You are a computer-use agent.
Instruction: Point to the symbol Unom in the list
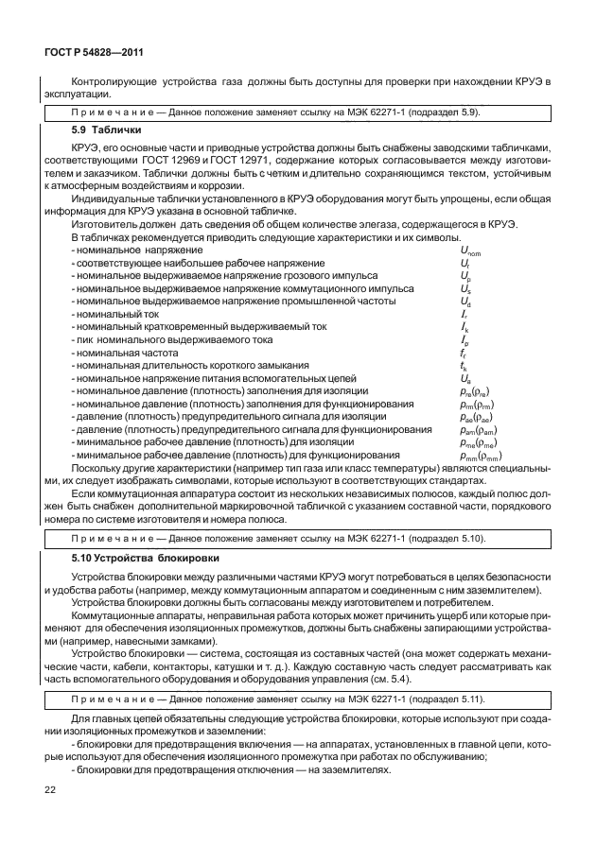click(470, 249)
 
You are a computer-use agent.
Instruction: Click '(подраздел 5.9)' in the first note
click(447, 111)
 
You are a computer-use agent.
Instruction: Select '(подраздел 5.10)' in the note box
click(450, 539)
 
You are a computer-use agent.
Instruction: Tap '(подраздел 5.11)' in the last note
click(450, 699)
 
